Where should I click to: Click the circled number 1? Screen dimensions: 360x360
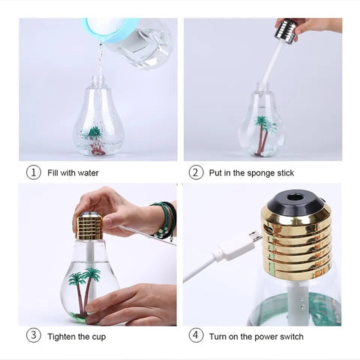pos(34,172)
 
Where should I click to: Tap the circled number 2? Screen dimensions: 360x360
pos(196,172)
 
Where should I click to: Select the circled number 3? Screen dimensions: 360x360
pos(34,336)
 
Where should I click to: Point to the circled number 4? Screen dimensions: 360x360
pos(196,336)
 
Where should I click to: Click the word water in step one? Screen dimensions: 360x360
pos(88,172)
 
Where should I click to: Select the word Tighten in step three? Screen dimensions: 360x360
pos(61,337)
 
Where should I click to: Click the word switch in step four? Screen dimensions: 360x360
pos(292,337)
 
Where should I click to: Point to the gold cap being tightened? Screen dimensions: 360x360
pos(90,226)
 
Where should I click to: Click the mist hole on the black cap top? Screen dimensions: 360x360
pos(295,198)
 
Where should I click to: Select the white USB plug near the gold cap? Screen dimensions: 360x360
pos(238,246)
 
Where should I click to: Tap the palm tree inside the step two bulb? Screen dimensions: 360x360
pos(264,135)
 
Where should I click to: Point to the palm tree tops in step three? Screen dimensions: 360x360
pos(85,276)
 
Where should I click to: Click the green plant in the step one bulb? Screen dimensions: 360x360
pos(93,133)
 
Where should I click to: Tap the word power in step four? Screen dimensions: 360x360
pos(265,337)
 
